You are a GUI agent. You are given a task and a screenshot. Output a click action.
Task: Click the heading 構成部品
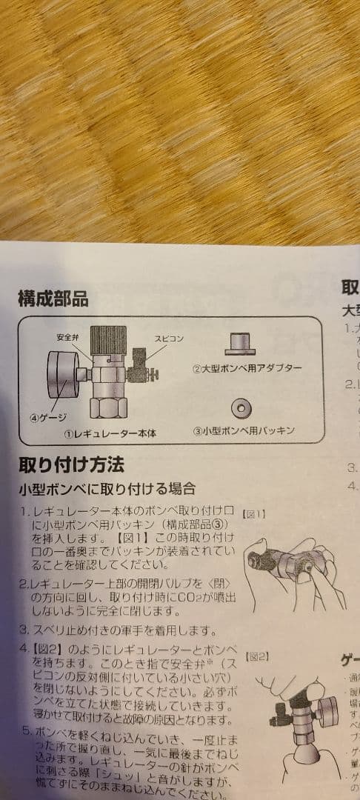point(53,299)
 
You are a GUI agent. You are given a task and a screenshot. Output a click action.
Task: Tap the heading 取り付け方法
point(71,465)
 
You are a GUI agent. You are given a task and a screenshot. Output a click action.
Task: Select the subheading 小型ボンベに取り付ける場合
point(107,489)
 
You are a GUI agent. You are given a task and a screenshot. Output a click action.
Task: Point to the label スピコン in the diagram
point(169,339)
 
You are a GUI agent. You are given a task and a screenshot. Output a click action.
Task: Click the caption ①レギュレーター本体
point(110,432)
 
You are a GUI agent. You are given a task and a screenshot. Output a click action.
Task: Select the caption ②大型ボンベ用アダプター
point(247,368)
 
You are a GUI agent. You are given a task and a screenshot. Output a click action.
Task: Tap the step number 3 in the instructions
point(23,631)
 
